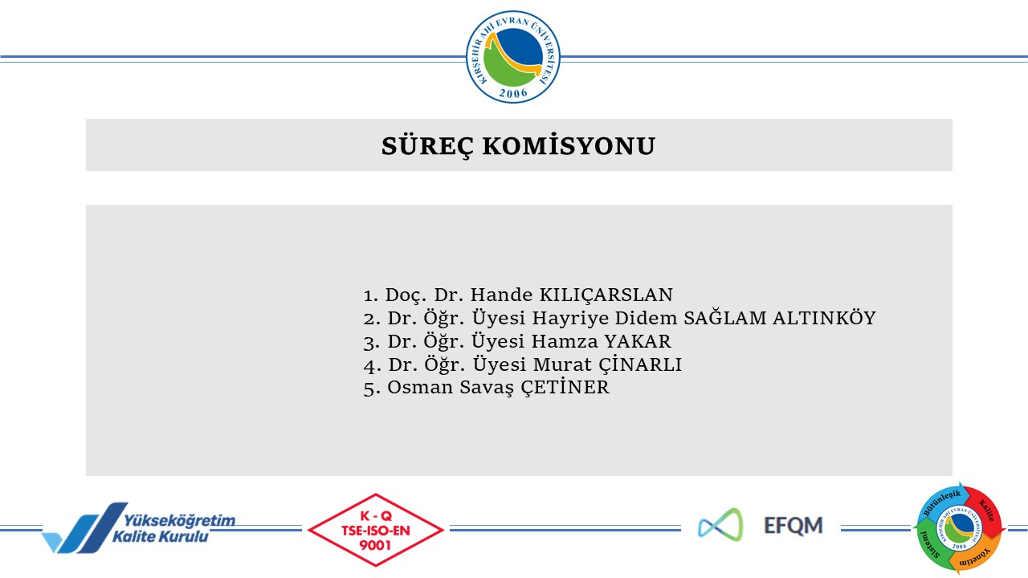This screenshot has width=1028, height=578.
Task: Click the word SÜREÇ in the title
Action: click(427, 146)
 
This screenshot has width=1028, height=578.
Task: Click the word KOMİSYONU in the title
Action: click(569, 145)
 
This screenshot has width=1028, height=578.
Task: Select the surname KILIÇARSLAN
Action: click(606, 295)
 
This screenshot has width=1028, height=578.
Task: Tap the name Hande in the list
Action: click(502, 295)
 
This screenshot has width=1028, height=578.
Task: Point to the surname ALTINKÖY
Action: click(824, 317)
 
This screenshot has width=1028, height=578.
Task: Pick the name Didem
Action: click(647, 318)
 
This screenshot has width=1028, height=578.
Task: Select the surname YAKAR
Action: click(638, 341)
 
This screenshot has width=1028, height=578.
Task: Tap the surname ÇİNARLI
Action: click(640, 364)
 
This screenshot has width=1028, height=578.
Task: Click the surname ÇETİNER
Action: click(565, 387)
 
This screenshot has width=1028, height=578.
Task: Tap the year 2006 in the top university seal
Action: click(513, 93)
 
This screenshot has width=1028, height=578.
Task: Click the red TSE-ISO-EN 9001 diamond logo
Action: click(375, 530)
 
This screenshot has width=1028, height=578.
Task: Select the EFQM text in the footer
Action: click(793, 526)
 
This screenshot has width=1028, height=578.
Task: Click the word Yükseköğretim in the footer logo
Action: click(179, 520)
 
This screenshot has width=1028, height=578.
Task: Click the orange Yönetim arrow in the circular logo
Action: click(975, 556)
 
